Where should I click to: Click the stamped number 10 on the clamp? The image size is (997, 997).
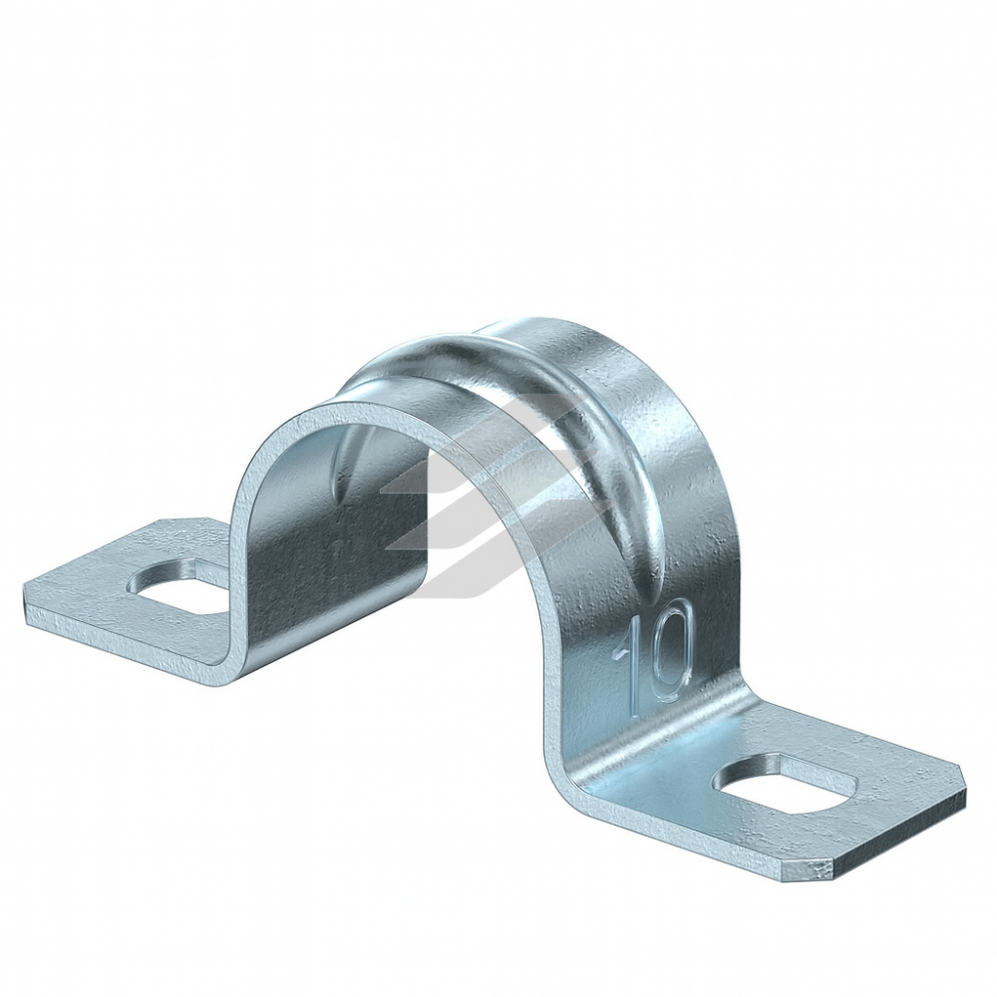(x=652, y=650)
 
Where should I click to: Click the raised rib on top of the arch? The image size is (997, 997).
(x=546, y=407)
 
